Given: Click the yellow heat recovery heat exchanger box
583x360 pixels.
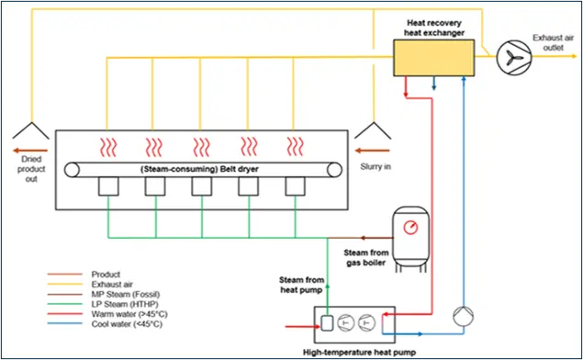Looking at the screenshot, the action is click(x=434, y=58).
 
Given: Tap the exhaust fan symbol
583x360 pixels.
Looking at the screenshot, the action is click(x=514, y=57).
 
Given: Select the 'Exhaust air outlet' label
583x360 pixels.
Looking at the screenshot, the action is click(x=553, y=43).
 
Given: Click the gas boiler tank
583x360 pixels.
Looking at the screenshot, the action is click(x=410, y=238).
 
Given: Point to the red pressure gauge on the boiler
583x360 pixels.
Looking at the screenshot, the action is click(x=410, y=227).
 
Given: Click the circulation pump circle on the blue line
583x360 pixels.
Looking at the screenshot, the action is click(x=464, y=317).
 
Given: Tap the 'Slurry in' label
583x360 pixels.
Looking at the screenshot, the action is click(x=376, y=166).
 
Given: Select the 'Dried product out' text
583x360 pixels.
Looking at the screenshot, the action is click(x=31, y=169).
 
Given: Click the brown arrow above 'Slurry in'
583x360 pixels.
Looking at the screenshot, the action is click(x=372, y=151).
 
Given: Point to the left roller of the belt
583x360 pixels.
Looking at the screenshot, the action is click(x=72, y=170).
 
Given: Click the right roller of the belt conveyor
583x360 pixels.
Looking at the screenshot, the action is click(x=334, y=170).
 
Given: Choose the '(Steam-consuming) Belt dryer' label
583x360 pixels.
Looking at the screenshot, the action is click(x=199, y=169).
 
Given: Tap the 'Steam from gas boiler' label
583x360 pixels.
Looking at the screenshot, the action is click(x=365, y=258).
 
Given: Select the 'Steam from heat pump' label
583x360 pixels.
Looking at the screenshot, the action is click(x=301, y=285).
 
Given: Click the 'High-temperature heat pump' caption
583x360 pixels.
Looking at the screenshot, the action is click(x=359, y=352).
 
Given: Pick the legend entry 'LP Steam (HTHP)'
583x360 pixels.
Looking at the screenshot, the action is click(x=125, y=304).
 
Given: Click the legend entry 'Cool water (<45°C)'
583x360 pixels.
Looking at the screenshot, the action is click(x=127, y=324).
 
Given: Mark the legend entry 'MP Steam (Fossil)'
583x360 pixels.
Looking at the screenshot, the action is click(x=126, y=294).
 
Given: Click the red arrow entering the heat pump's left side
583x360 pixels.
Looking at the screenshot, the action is click(x=303, y=327).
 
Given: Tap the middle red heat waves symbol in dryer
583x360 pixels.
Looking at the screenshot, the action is click(x=201, y=147).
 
